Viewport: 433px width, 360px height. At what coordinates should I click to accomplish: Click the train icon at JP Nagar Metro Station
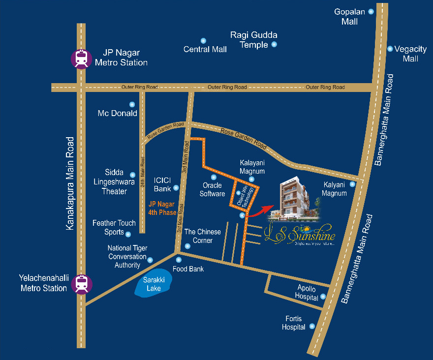pyautogui.click(x=81, y=58)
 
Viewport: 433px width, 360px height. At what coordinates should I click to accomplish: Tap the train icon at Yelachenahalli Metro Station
pyautogui.click(x=81, y=284)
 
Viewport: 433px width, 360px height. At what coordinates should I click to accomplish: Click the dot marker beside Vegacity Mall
pyautogui.click(x=390, y=49)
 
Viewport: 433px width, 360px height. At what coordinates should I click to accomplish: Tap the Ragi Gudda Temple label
pyautogui.click(x=253, y=40)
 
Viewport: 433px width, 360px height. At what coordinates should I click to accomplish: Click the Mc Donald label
pyautogui.click(x=117, y=113)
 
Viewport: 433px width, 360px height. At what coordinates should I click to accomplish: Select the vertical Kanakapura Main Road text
pyautogui.click(x=70, y=183)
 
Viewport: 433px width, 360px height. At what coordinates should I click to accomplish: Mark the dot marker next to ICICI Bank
pyautogui.click(x=176, y=188)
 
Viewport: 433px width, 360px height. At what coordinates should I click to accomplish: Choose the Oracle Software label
pyautogui.click(x=213, y=189)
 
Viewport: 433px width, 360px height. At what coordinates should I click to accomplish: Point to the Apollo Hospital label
pyautogui.click(x=306, y=292)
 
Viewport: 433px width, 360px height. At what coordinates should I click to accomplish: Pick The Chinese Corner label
pyautogui.click(x=203, y=236)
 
